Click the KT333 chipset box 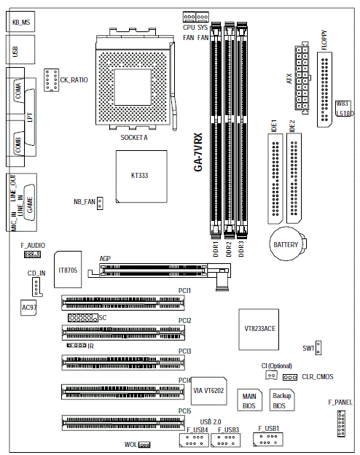pyautogui.click(x=141, y=176)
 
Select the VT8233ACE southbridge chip pyautogui.click(x=259, y=330)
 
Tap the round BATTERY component pyautogui.click(x=286, y=244)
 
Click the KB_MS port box pyautogui.click(x=20, y=22)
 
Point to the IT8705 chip pyautogui.click(x=68, y=270)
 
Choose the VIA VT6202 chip pyautogui.click(x=208, y=391)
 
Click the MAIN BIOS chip pyautogui.click(x=249, y=400)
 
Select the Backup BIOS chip pyautogui.click(x=282, y=400)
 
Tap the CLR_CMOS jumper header pyautogui.click(x=290, y=377)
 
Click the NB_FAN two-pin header pyautogui.click(x=100, y=203)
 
